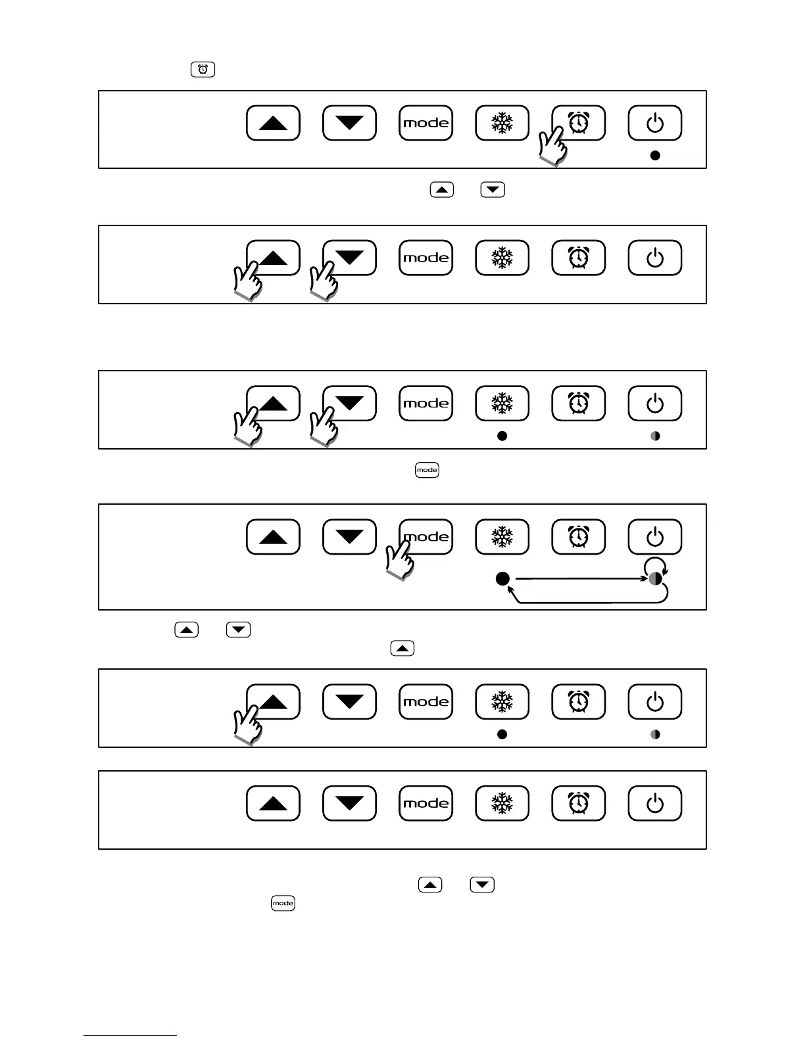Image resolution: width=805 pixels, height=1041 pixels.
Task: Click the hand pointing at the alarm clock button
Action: [552, 146]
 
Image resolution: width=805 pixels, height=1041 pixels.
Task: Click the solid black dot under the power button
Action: [654, 156]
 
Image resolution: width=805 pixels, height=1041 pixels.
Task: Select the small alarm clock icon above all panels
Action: [203, 69]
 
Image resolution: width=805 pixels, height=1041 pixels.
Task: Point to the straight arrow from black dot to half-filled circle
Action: [579, 579]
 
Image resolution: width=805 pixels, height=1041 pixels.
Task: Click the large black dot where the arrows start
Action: [502, 579]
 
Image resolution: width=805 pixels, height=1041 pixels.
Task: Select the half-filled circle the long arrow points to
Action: [655, 579]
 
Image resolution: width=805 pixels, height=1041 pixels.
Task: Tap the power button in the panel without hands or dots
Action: [654, 803]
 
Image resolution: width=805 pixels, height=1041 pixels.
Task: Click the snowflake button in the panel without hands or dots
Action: [502, 803]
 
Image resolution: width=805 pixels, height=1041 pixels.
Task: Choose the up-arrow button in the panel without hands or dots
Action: [273, 803]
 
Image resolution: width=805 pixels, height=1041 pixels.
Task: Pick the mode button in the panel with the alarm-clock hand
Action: [426, 123]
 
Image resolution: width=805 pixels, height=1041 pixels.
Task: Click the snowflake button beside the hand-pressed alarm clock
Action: [502, 123]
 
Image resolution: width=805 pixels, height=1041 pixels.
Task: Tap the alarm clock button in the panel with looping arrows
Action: [578, 537]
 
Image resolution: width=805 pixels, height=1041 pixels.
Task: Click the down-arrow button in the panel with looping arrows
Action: [349, 537]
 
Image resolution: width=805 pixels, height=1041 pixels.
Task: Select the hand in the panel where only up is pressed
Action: [248, 725]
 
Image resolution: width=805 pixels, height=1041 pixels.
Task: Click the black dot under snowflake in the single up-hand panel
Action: [502, 734]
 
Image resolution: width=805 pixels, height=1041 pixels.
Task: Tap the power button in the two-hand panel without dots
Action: [654, 258]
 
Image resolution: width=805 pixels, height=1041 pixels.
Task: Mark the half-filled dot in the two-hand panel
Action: [655, 436]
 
